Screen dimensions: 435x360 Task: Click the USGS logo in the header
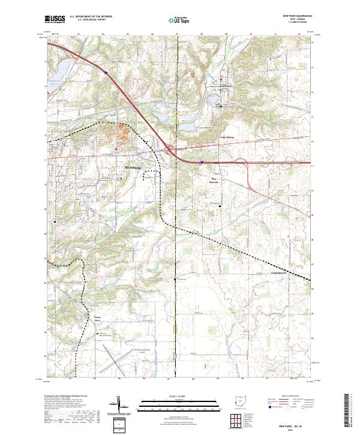point(55,20)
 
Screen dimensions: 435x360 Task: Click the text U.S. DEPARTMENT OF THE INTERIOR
point(91,17)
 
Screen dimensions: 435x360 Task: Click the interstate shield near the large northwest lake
point(106,73)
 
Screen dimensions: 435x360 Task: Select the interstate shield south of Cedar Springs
point(202,161)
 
